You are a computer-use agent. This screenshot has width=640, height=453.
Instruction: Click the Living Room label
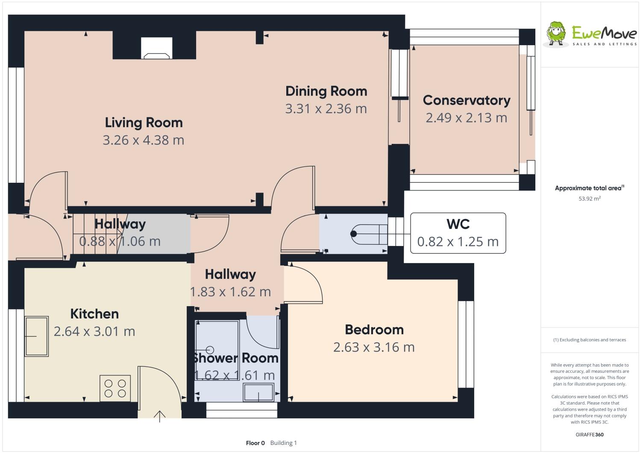[x=144, y=123]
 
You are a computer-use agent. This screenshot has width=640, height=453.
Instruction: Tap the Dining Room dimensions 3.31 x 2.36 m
[x=326, y=109]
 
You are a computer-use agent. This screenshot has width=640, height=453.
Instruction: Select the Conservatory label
[x=467, y=100]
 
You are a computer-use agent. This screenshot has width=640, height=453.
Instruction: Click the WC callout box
[x=458, y=233]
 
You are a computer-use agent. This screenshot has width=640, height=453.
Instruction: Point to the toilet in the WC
[x=369, y=234]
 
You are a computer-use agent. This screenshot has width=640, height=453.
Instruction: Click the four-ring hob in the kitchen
[x=115, y=388]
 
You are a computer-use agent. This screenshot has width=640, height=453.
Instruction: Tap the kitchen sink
[x=37, y=336]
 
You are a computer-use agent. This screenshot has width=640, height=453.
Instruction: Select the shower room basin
[x=258, y=392]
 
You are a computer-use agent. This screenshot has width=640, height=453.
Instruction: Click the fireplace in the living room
[x=156, y=48]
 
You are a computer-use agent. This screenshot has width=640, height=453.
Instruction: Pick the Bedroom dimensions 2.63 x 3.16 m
[x=374, y=348]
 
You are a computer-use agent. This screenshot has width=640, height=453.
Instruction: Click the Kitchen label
[x=94, y=314]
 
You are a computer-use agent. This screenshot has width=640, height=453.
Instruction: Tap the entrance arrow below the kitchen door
[x=159, y=416]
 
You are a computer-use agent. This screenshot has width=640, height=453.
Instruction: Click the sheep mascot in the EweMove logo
[x=556, y=34]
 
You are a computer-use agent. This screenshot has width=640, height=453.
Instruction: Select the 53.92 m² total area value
[x=590, y=199]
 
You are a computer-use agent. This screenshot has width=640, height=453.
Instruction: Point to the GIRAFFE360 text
[x=590, y=435]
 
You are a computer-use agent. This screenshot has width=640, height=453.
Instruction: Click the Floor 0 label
[x=255, y=443]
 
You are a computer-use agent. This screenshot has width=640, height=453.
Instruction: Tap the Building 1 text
[x=283, y=443]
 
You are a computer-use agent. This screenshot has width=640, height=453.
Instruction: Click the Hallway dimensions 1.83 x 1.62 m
[x=230, y=292]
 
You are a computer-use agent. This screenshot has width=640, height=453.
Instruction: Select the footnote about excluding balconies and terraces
[x=590, y=340]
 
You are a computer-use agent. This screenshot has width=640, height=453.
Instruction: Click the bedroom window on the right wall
[x=466, y=344]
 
